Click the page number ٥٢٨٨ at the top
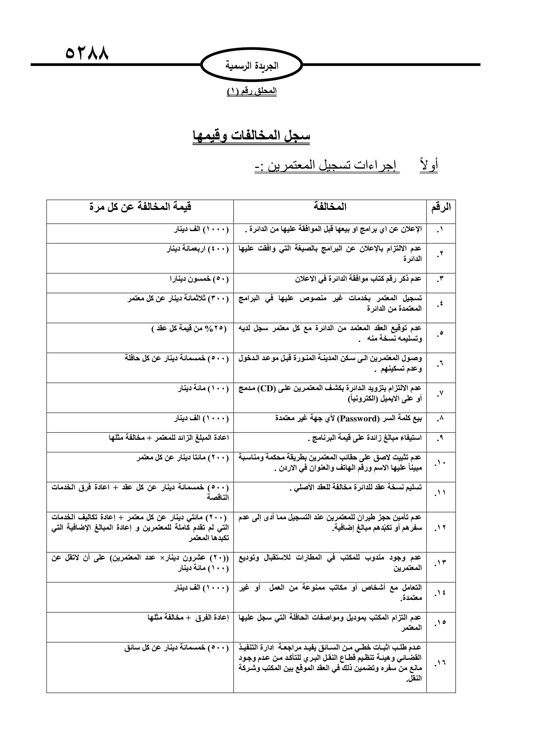(87, 52)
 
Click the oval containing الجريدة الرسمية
(251, 65)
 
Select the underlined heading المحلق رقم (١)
(251, 91)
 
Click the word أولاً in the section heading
(429, 165)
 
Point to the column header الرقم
(441, 207)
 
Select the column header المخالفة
(330, 207)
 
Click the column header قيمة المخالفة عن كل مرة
(140, 207)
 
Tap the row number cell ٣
(440, 279)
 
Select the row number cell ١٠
(440, 463)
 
